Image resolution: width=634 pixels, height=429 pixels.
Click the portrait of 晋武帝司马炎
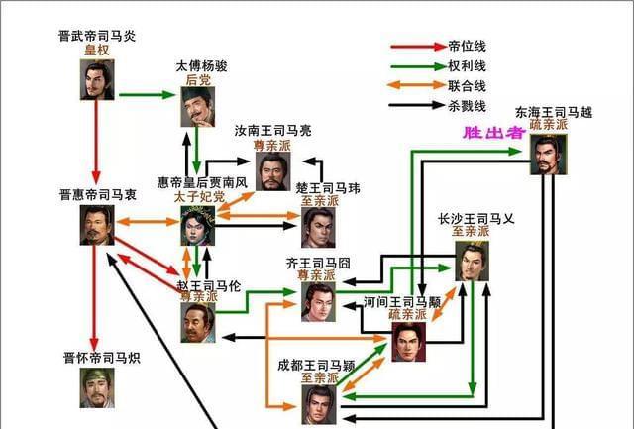point(97,79)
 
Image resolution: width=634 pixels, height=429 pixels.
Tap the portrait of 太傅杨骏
point(197,107)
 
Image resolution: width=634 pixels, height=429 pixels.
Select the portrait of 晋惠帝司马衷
point(97,225)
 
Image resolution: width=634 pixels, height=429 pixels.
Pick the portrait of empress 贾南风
point(197,226)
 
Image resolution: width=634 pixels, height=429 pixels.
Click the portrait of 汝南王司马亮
point(273,171)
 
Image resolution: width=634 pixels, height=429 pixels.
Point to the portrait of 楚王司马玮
point(318,228)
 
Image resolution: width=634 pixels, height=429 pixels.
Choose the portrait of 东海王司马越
point(548,155)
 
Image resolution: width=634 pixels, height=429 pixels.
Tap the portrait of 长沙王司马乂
point(472,262)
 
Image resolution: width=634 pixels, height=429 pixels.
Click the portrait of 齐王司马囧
point(318,302)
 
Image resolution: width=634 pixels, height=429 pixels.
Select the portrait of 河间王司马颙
point(409,342)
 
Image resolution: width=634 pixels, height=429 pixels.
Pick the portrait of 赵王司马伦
point(198,323)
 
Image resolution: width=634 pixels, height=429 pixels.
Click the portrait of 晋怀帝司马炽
point(97,387)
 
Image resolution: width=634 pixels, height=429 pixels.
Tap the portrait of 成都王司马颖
point(319,404)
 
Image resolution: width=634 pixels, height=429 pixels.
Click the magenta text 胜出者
point(494,133)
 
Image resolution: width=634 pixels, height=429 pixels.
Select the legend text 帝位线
point(467,47)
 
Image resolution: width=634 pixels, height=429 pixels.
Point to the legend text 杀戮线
point(467,106)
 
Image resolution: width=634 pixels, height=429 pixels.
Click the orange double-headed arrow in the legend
point(416,85)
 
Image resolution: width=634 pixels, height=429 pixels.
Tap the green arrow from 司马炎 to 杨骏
point(148,95)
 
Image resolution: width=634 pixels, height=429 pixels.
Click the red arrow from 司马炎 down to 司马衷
point(96,143)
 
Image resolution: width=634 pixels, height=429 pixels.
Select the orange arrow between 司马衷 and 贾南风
point(148,222)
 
